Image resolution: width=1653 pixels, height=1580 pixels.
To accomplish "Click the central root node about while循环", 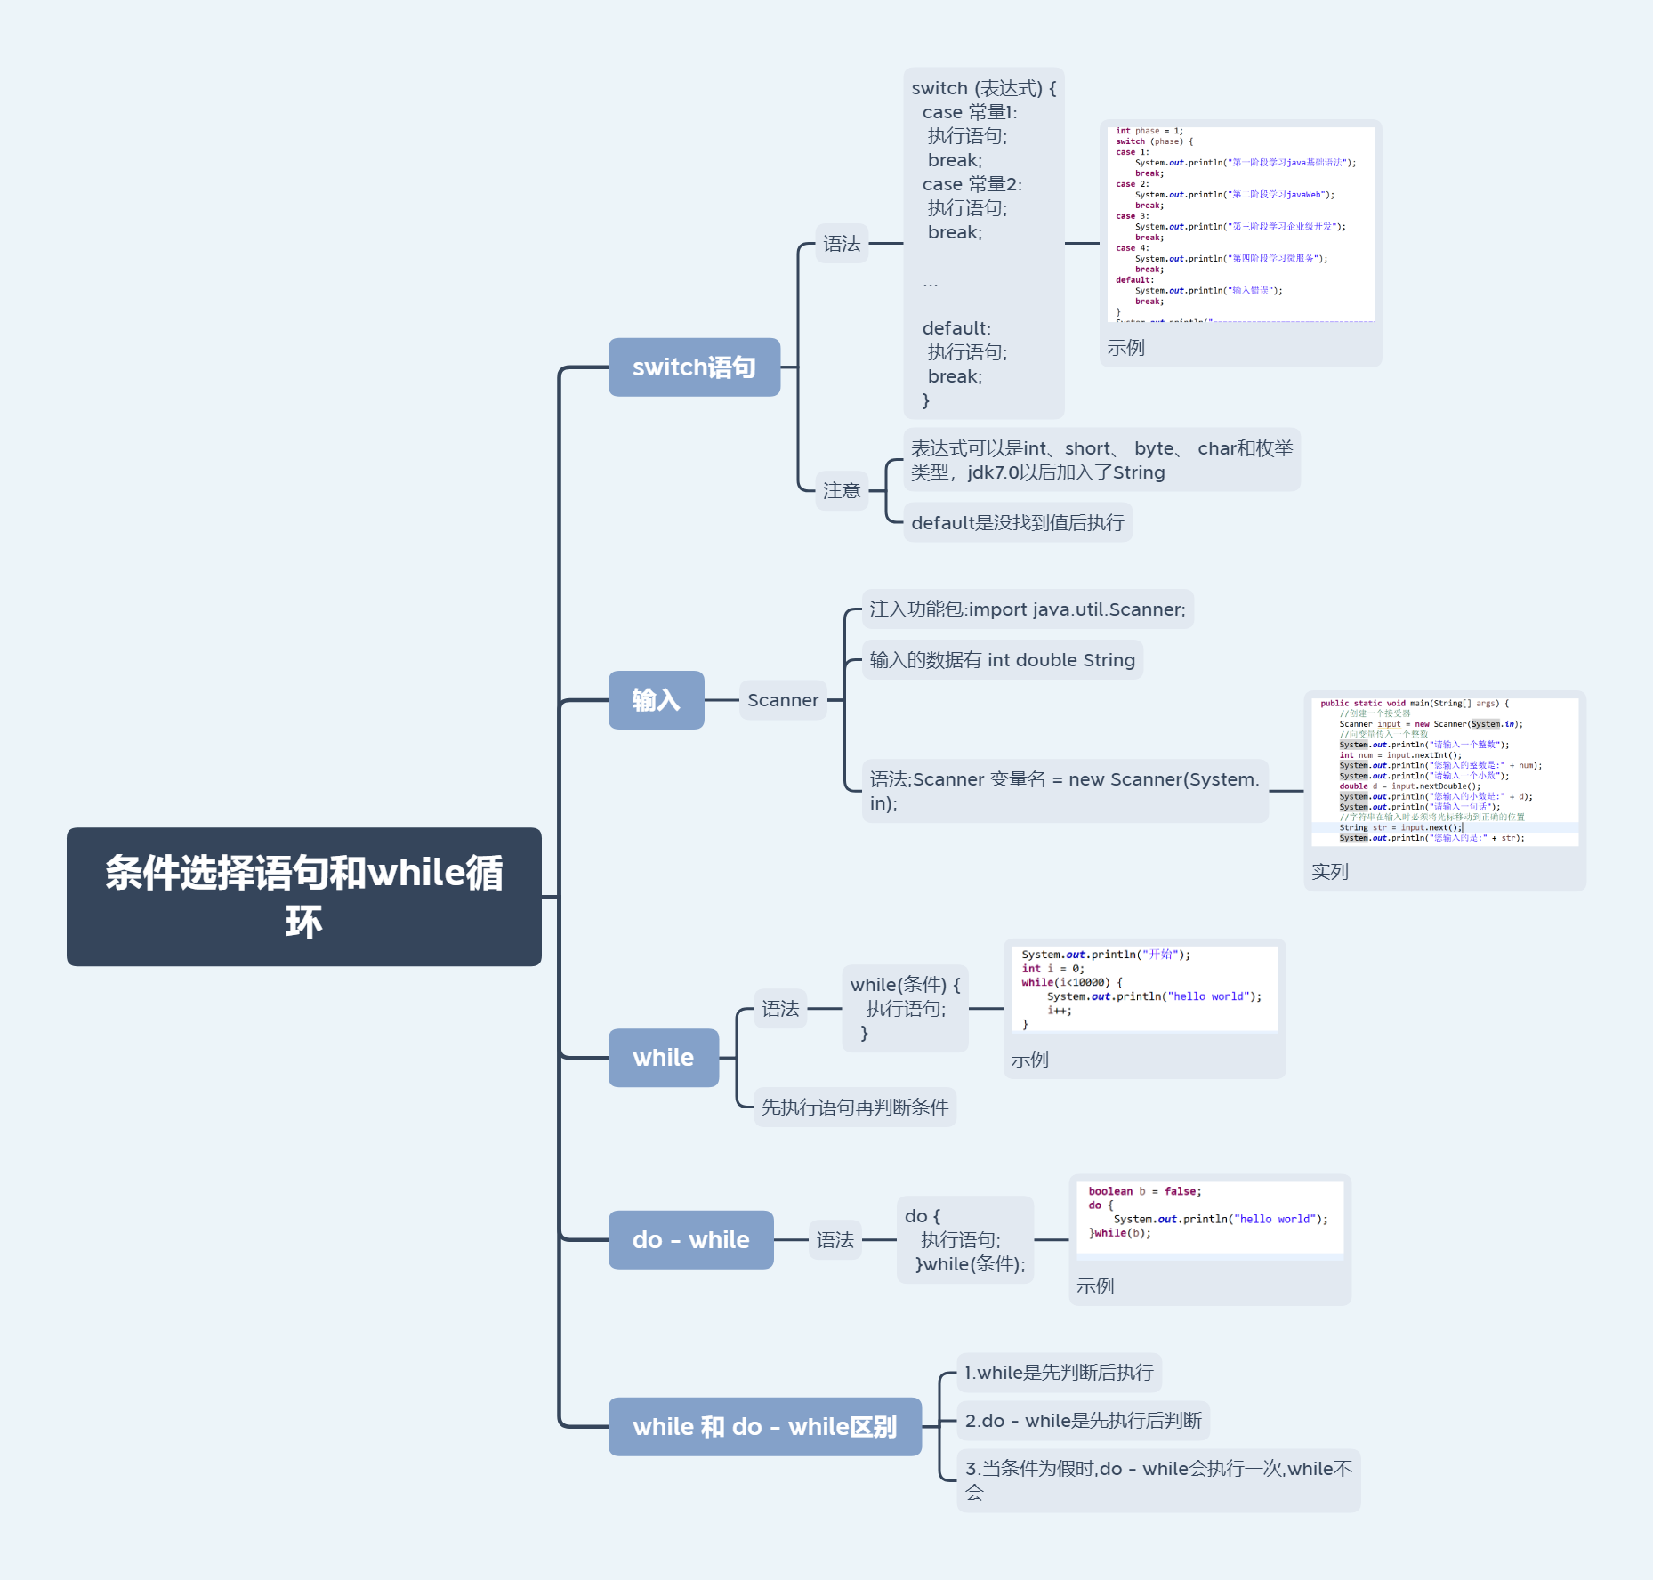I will [x=303, y=896].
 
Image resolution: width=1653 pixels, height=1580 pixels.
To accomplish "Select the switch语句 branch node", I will [x=694, y=367].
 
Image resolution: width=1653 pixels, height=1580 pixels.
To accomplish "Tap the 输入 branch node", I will [x=656, y=700].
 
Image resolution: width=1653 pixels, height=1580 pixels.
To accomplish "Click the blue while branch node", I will [x=663, y=1058].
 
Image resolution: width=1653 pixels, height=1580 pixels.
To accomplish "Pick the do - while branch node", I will [x=690, y=1239].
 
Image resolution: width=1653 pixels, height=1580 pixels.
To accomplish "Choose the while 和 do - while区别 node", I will [x=764, y=1426].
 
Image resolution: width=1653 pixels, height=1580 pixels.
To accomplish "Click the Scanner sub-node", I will [x=782, y=700].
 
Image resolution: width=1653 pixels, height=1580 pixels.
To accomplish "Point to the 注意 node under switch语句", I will [x=841, y=490].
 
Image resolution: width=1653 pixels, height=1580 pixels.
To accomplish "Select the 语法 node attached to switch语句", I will [x=841, y=243].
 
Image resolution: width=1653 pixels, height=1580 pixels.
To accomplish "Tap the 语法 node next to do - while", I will [x=835, y=1239].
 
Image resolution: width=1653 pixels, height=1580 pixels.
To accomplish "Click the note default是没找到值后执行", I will [x=1017, y=522].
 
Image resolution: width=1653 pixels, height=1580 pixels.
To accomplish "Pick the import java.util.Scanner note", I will [x=1027, y=609].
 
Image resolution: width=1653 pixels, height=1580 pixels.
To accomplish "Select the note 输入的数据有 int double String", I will [x=1002, y=660].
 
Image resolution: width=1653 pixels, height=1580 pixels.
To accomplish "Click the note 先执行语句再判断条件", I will [x=854, y=1107].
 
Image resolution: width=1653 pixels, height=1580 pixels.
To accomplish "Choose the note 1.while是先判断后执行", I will [x=1058, y=1372].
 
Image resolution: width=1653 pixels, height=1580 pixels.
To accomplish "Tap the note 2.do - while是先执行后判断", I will [x=1082, y=1420].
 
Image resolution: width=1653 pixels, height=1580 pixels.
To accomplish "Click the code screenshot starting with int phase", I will [x=1240, y=223].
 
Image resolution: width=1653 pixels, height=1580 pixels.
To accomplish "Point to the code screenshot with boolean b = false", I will [x=1209, y=1216].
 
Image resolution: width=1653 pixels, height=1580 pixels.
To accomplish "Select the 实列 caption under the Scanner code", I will [x=1329, y=872].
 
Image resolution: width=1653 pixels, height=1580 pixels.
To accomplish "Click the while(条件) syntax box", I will [x=905, y=1008].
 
